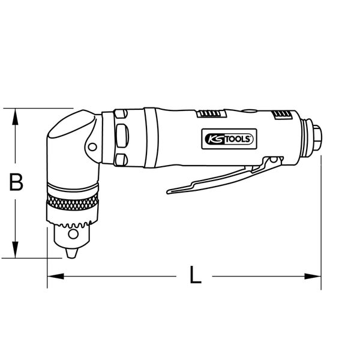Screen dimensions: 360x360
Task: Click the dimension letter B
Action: click(16, 182)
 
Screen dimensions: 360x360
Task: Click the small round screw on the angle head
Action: click(93, 145)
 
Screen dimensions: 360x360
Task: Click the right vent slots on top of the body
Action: click(280, 115)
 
